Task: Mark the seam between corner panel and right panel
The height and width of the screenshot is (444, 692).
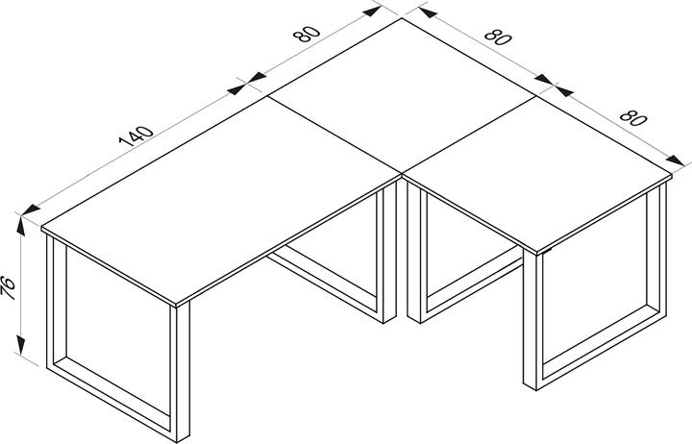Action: [471, 135]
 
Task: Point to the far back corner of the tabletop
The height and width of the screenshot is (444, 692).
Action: [402, 18]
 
